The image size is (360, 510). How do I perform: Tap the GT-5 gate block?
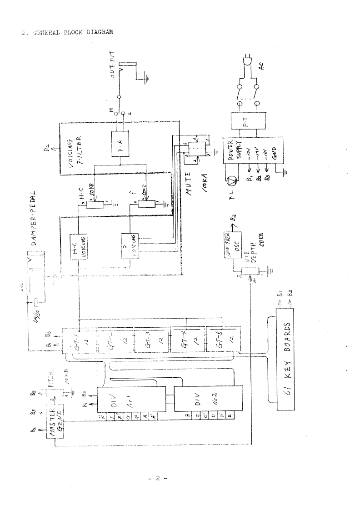pos(222,340)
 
